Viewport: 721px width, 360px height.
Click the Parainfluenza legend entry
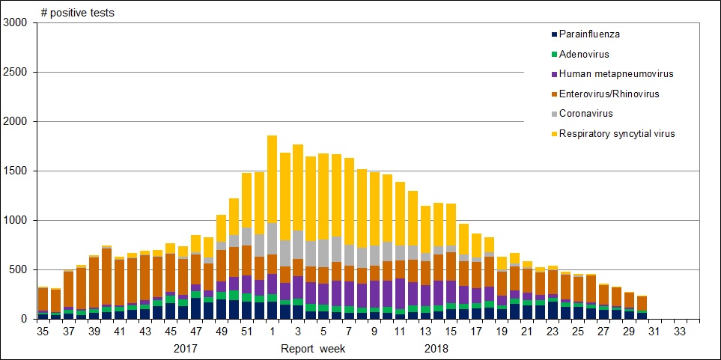click(x=589, y=34)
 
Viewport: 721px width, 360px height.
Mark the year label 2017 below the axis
click(x=186, y=348)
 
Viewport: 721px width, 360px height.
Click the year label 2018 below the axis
click(x=436, y=348)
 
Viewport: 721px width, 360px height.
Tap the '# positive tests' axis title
click(x=78, y=13)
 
